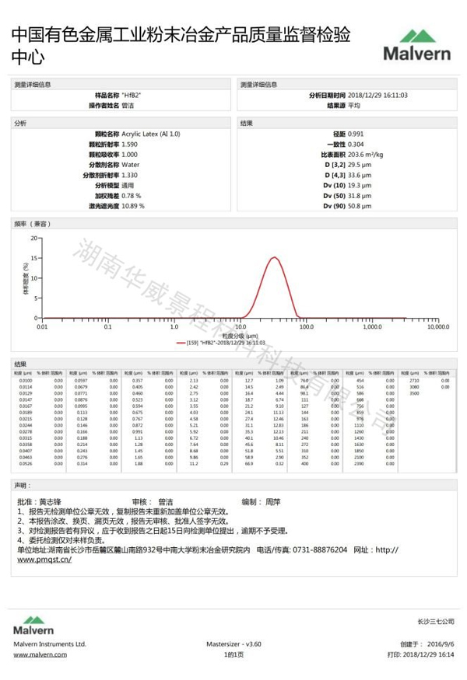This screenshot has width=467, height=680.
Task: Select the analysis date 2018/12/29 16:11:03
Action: (x=377, y=95)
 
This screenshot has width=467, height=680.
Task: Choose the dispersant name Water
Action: (x=130, y=165)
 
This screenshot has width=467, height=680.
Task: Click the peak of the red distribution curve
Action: (x=275, y=258)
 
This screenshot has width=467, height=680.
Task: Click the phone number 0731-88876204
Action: (x=321, y=549)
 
